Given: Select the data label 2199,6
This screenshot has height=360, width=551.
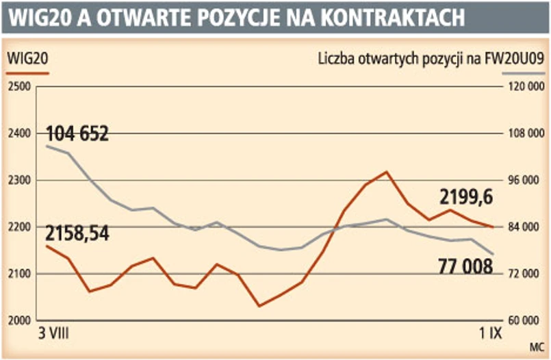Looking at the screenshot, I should tap(466, 198).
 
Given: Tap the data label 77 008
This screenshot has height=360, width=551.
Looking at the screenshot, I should tap(464, 266).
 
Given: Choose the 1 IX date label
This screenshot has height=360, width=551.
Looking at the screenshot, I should tap(490, 334).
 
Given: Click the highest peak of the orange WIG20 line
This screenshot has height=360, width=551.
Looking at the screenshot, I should tap(387, 172).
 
